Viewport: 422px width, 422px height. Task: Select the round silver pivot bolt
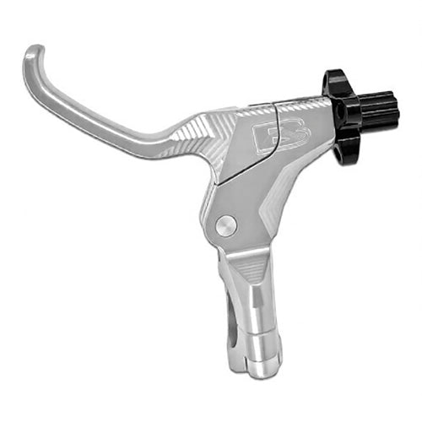225,225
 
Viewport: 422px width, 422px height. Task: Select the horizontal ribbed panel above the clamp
253,270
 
